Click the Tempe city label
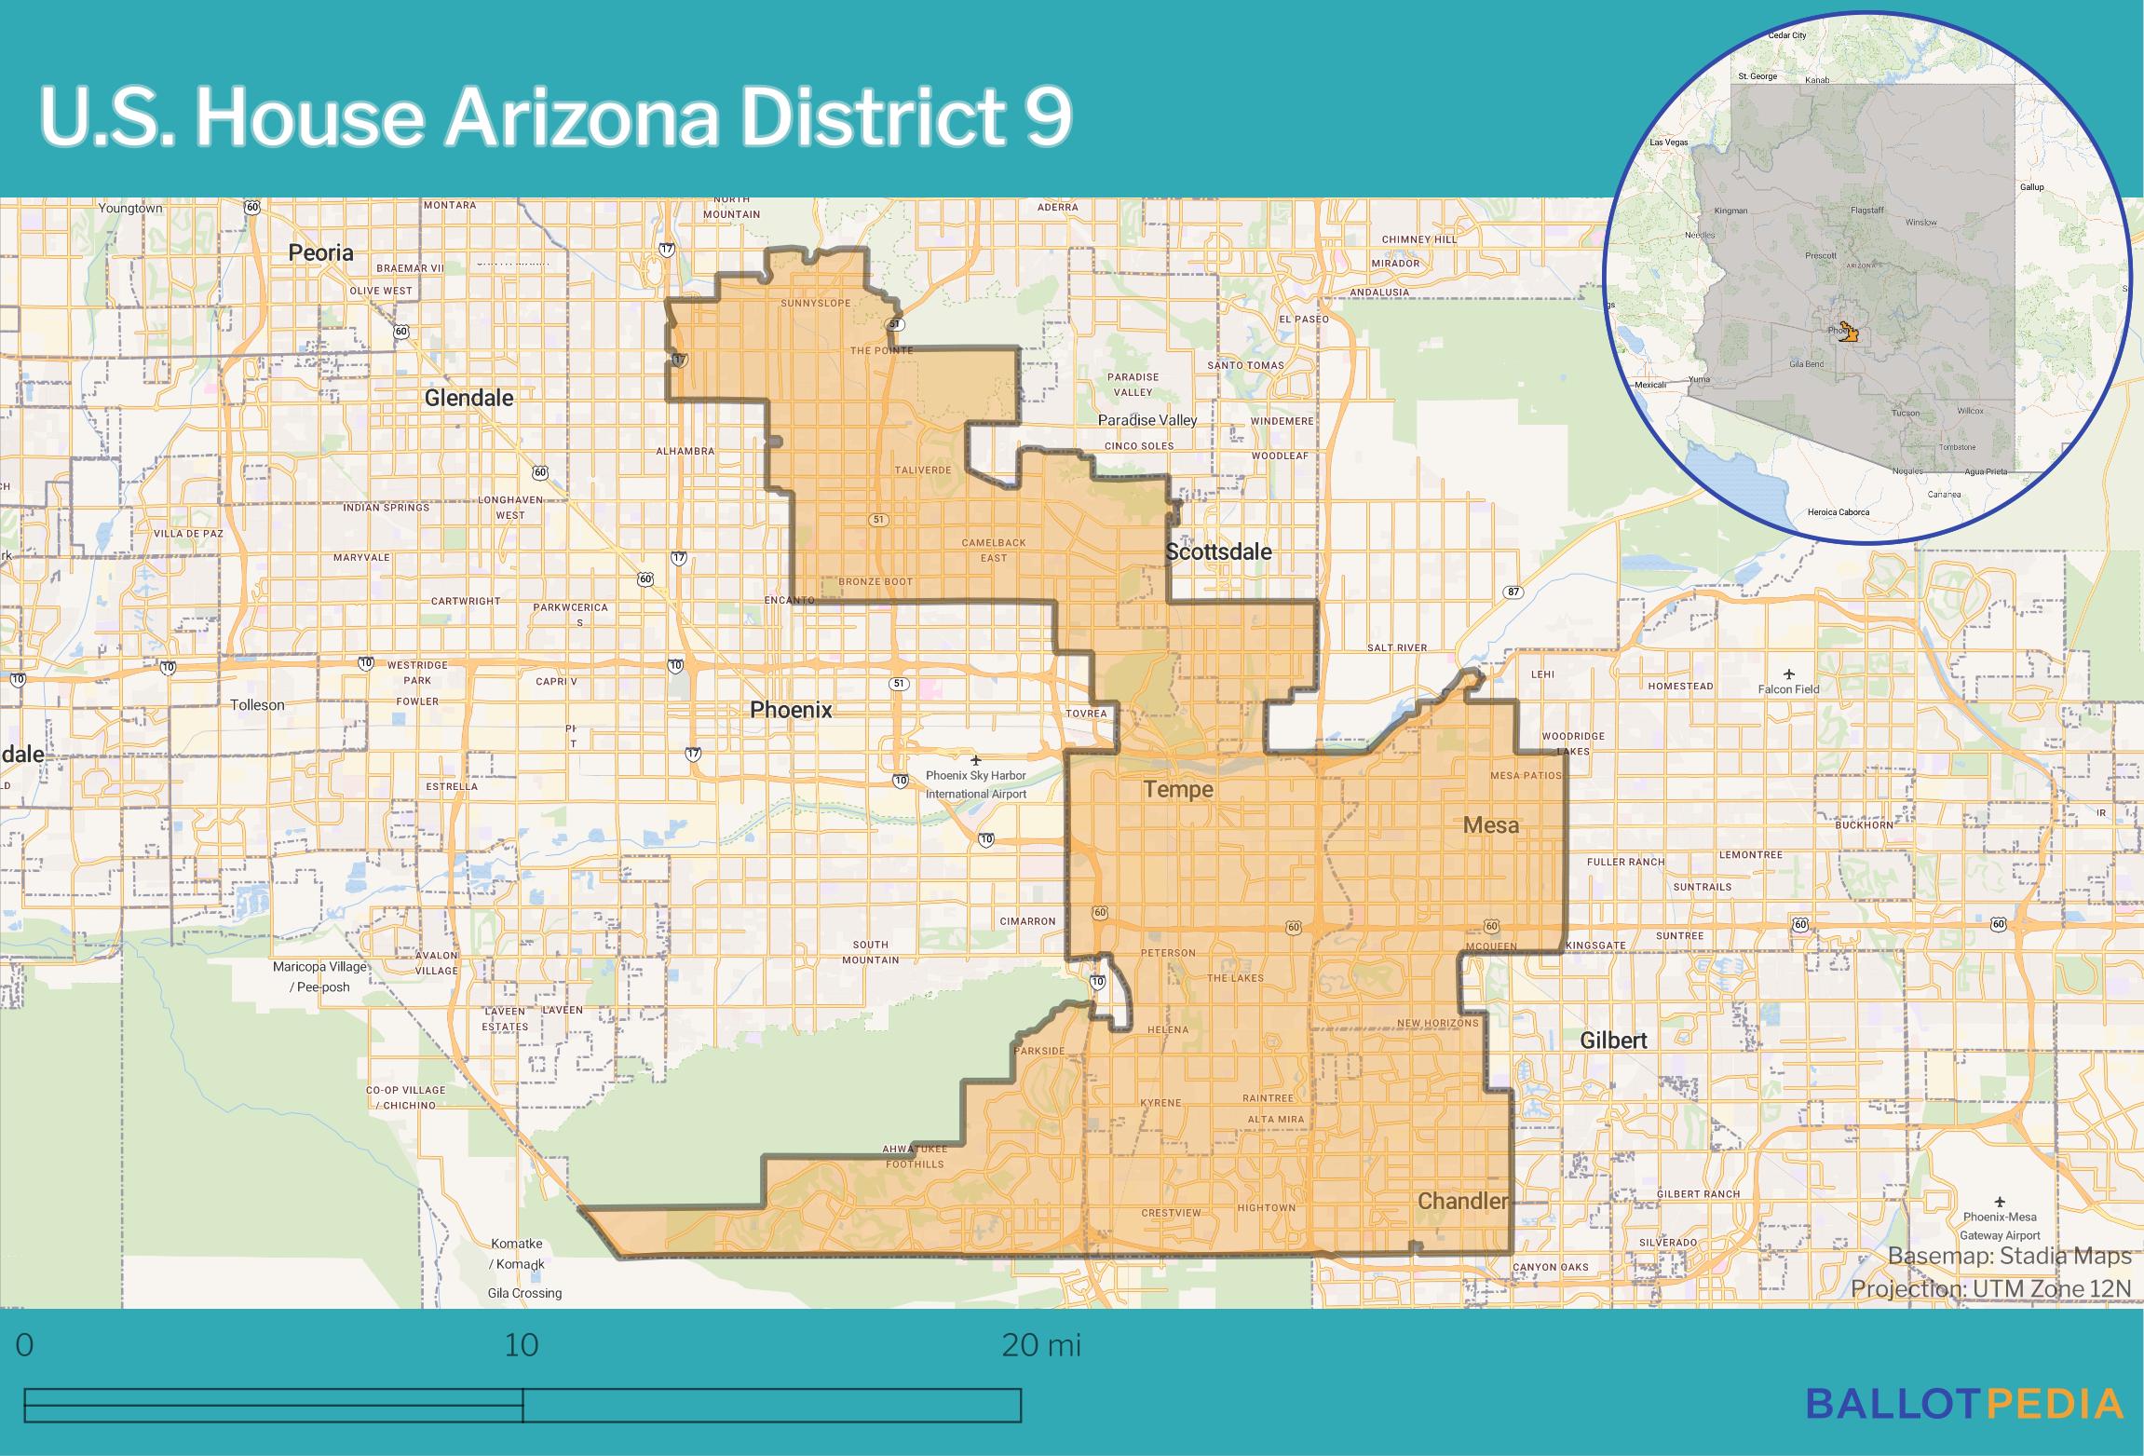click(x=1178, y=790)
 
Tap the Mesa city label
click(x=1490, y=825)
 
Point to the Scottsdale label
click(x=1218, y=552)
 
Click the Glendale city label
click(x=468, y=399)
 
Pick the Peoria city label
click(x=321, y=252)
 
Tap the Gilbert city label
click(x=1613, y=1041)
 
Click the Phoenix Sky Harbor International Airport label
click(x=976, y=784)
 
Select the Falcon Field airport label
click(x=1788, y=689)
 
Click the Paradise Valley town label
click(x=1147, y=420)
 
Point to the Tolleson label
click(x=258, y=705)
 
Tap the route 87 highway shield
click(x=1513, y=592)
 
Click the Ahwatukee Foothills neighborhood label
click(x=915, y=1156)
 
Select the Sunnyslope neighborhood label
click(x=815, y=304)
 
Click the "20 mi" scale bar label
click(x=1041, y=1345)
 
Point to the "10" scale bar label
click(x=522, y=1345)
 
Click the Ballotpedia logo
click(x=1965, y=1404)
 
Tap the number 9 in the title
click(x=1049, y=118)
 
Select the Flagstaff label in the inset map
click(x=1866, y=211)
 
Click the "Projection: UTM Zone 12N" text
click(x=1991, y=1289)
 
